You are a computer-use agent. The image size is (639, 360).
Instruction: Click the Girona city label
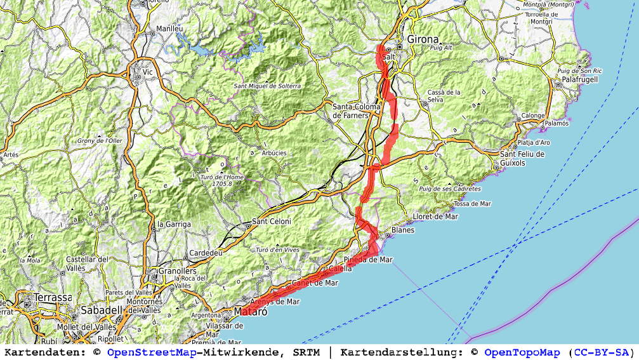point(423,39)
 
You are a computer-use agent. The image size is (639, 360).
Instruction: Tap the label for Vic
point(148,72)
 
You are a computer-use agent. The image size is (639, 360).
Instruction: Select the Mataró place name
point(247,312)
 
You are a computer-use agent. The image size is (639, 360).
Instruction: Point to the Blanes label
point(403,230)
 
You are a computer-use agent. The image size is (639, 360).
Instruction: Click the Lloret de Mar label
point(435,217)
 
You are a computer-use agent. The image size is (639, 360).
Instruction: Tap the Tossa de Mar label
point(473,204)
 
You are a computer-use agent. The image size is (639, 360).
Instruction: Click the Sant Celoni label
point(272,222)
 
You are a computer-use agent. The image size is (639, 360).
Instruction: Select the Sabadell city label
point(101,310)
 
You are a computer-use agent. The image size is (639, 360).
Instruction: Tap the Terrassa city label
point(54,297)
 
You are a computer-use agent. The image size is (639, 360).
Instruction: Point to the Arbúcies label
point(274,153)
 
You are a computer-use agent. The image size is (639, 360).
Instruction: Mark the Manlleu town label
point(169,29)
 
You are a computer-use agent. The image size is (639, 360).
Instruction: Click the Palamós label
point(557,123)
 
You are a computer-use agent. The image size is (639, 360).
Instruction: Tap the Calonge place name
point(532,116)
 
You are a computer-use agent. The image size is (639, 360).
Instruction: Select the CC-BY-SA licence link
point(602,352)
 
